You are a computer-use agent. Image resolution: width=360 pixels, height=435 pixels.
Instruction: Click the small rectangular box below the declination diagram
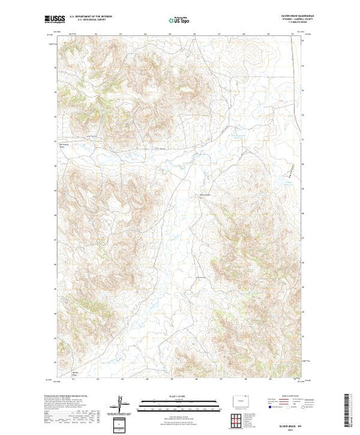pyautogui.click(x=121, y=423)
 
